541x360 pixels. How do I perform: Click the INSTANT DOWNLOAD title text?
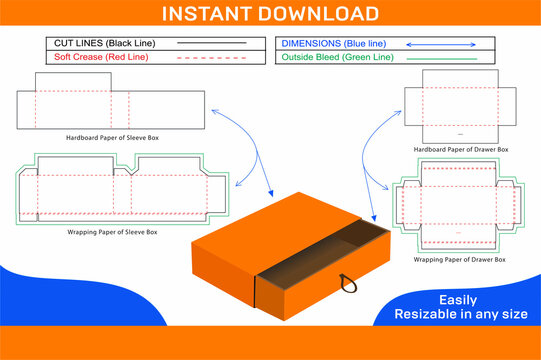(270, 14)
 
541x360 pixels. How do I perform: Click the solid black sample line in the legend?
(211, 44)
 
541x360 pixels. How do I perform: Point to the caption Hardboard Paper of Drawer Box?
(461, 149)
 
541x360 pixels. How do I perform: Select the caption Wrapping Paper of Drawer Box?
(461, 259)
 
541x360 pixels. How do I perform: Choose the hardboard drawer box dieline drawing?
(461, 106)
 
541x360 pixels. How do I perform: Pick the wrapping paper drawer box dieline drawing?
(461, 210)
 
